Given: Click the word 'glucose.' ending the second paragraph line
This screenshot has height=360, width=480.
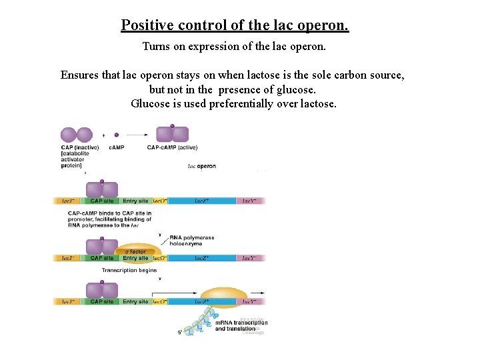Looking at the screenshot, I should point(294,89).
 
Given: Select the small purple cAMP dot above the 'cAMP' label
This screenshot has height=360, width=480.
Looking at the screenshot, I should point(117,134).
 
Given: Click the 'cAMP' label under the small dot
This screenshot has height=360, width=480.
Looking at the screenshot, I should point(117,147).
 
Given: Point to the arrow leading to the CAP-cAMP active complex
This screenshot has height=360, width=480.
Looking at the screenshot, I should point(137,135).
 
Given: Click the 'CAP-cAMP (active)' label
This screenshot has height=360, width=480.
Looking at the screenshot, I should point(172,147).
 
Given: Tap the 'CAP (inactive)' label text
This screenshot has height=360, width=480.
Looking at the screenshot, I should point(80,147).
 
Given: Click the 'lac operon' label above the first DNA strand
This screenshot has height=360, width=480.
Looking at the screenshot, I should point(201,166).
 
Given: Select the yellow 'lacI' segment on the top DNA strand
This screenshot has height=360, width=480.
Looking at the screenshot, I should point(69,201).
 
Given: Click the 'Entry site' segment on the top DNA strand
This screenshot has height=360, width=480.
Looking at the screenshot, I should point(135,201).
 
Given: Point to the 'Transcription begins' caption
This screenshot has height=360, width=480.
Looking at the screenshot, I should point(129,271).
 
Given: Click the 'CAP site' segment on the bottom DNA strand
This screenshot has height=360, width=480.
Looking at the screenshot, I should point(102,302).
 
